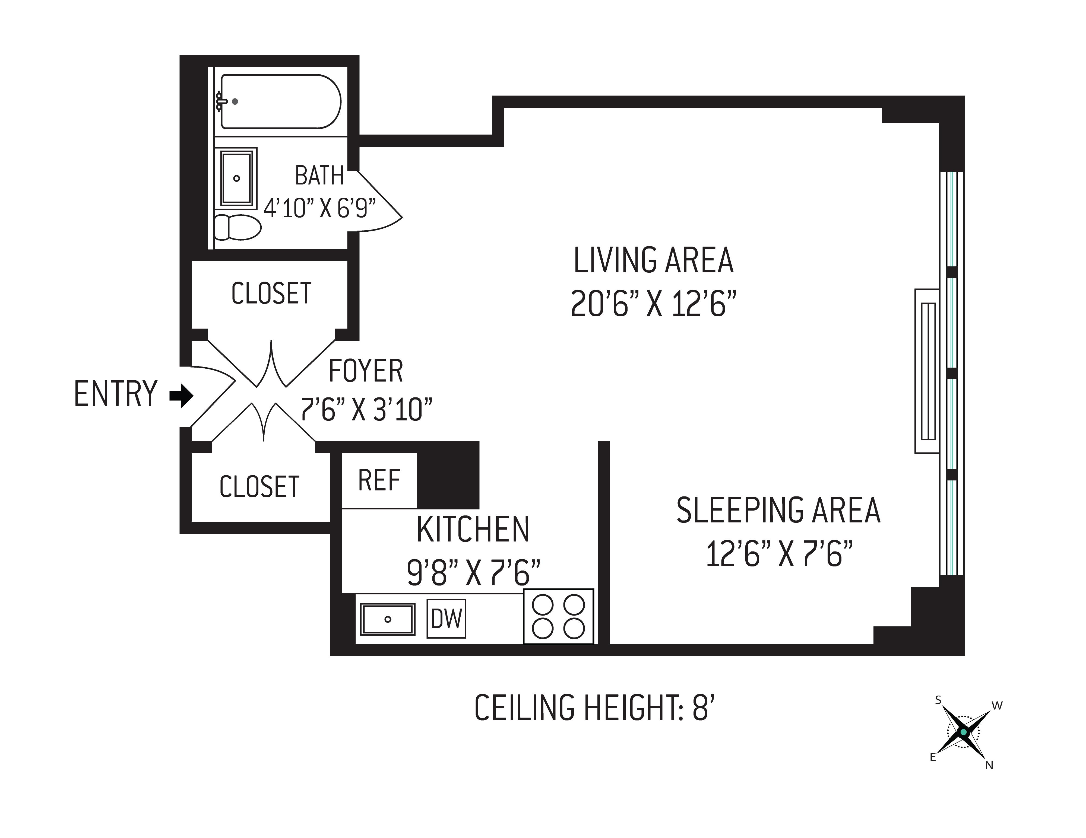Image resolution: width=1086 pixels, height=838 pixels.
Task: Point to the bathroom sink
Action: (x=237, y=177)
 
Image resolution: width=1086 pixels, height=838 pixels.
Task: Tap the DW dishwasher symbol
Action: (x=447, y=619)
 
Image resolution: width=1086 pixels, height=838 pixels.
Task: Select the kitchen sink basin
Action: (x=388, y=619)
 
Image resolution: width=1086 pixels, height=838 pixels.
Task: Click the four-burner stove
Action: (x=558, y=616)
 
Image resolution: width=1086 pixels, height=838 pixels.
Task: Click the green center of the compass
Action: (x=964, y=732)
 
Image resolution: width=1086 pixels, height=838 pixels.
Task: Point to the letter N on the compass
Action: (x=989, y=766)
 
